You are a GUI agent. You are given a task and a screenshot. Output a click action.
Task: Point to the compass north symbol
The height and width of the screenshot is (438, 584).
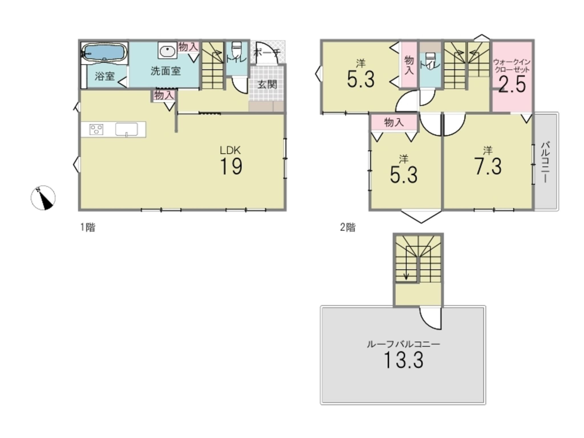(43, 198)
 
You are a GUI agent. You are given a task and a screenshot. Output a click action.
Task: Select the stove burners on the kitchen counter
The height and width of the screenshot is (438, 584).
(96, 129)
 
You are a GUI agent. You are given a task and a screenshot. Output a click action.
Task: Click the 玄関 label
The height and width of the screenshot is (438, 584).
(267, 85)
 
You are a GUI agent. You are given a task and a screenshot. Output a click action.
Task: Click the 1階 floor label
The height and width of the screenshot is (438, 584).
(88, 227)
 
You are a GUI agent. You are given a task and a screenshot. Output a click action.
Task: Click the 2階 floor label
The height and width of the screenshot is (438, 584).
(348, 227)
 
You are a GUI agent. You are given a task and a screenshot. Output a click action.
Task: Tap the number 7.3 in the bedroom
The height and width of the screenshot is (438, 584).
(488, 167)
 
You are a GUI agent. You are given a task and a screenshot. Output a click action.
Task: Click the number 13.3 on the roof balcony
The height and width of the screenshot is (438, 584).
(403, 360)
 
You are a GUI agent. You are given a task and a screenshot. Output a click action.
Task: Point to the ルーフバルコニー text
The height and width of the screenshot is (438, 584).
(403, 344)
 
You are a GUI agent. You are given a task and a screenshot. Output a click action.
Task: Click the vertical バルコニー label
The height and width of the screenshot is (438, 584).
(545, 162)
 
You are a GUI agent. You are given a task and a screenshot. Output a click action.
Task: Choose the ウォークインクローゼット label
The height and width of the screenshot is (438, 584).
(512, 66)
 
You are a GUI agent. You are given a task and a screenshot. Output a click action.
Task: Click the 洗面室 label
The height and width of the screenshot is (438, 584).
(166, 71)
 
